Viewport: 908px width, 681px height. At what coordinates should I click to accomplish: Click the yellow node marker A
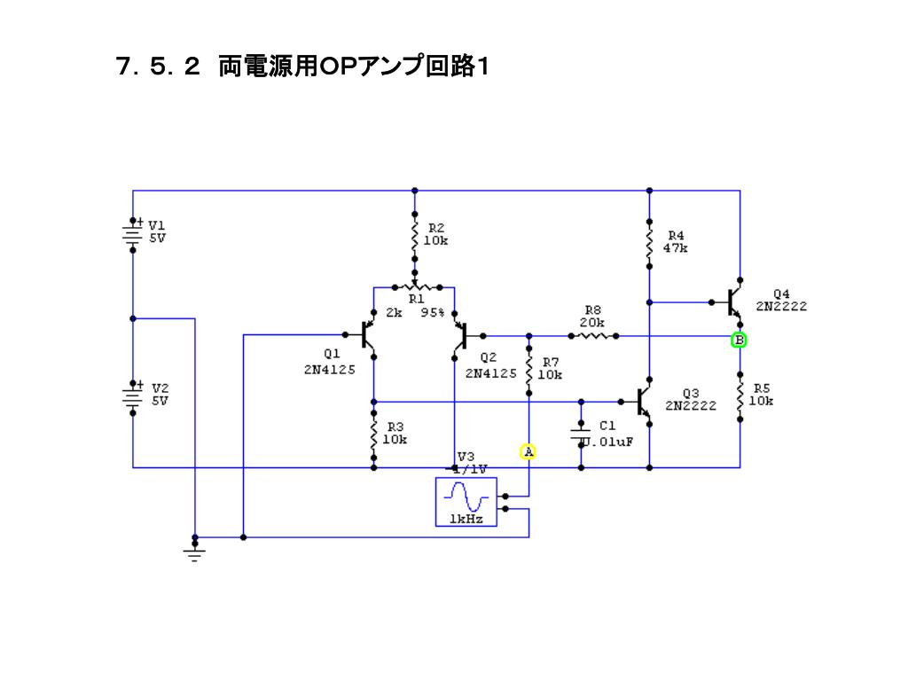(x=528, y=451)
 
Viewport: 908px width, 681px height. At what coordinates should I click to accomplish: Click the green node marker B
(x=739, y=340)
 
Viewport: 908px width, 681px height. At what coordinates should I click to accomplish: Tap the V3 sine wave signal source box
(x=466, y=502)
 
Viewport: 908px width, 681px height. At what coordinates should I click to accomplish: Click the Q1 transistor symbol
(x=368, y=335)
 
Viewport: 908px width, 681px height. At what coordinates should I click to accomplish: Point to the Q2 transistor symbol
(x=461, y=336)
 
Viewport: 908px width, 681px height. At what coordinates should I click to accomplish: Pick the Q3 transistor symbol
(x=645, y=402)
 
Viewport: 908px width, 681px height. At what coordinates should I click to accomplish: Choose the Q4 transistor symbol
(x=733, y=302)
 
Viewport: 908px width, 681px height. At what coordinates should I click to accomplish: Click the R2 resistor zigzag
(x=415, y=236)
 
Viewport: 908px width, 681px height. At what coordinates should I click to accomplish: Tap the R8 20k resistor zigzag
(x=593, y=336)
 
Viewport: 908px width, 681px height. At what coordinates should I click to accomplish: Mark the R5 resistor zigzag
(x=740, y=395)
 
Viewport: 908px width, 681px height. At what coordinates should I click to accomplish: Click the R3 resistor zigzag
(x=373, y=435)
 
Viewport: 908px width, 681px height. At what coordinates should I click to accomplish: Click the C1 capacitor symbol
(x=582, y=433)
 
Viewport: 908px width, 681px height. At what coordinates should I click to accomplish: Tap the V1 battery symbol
(x=132, y=234)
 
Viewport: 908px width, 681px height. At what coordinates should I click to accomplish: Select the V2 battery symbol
(x=132, y=398)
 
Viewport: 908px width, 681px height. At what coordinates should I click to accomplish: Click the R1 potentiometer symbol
(x=415, y=287)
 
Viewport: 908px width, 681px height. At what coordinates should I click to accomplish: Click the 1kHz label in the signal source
(x=466, y=519)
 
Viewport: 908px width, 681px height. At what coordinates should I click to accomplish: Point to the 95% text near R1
(x=433, y=313)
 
